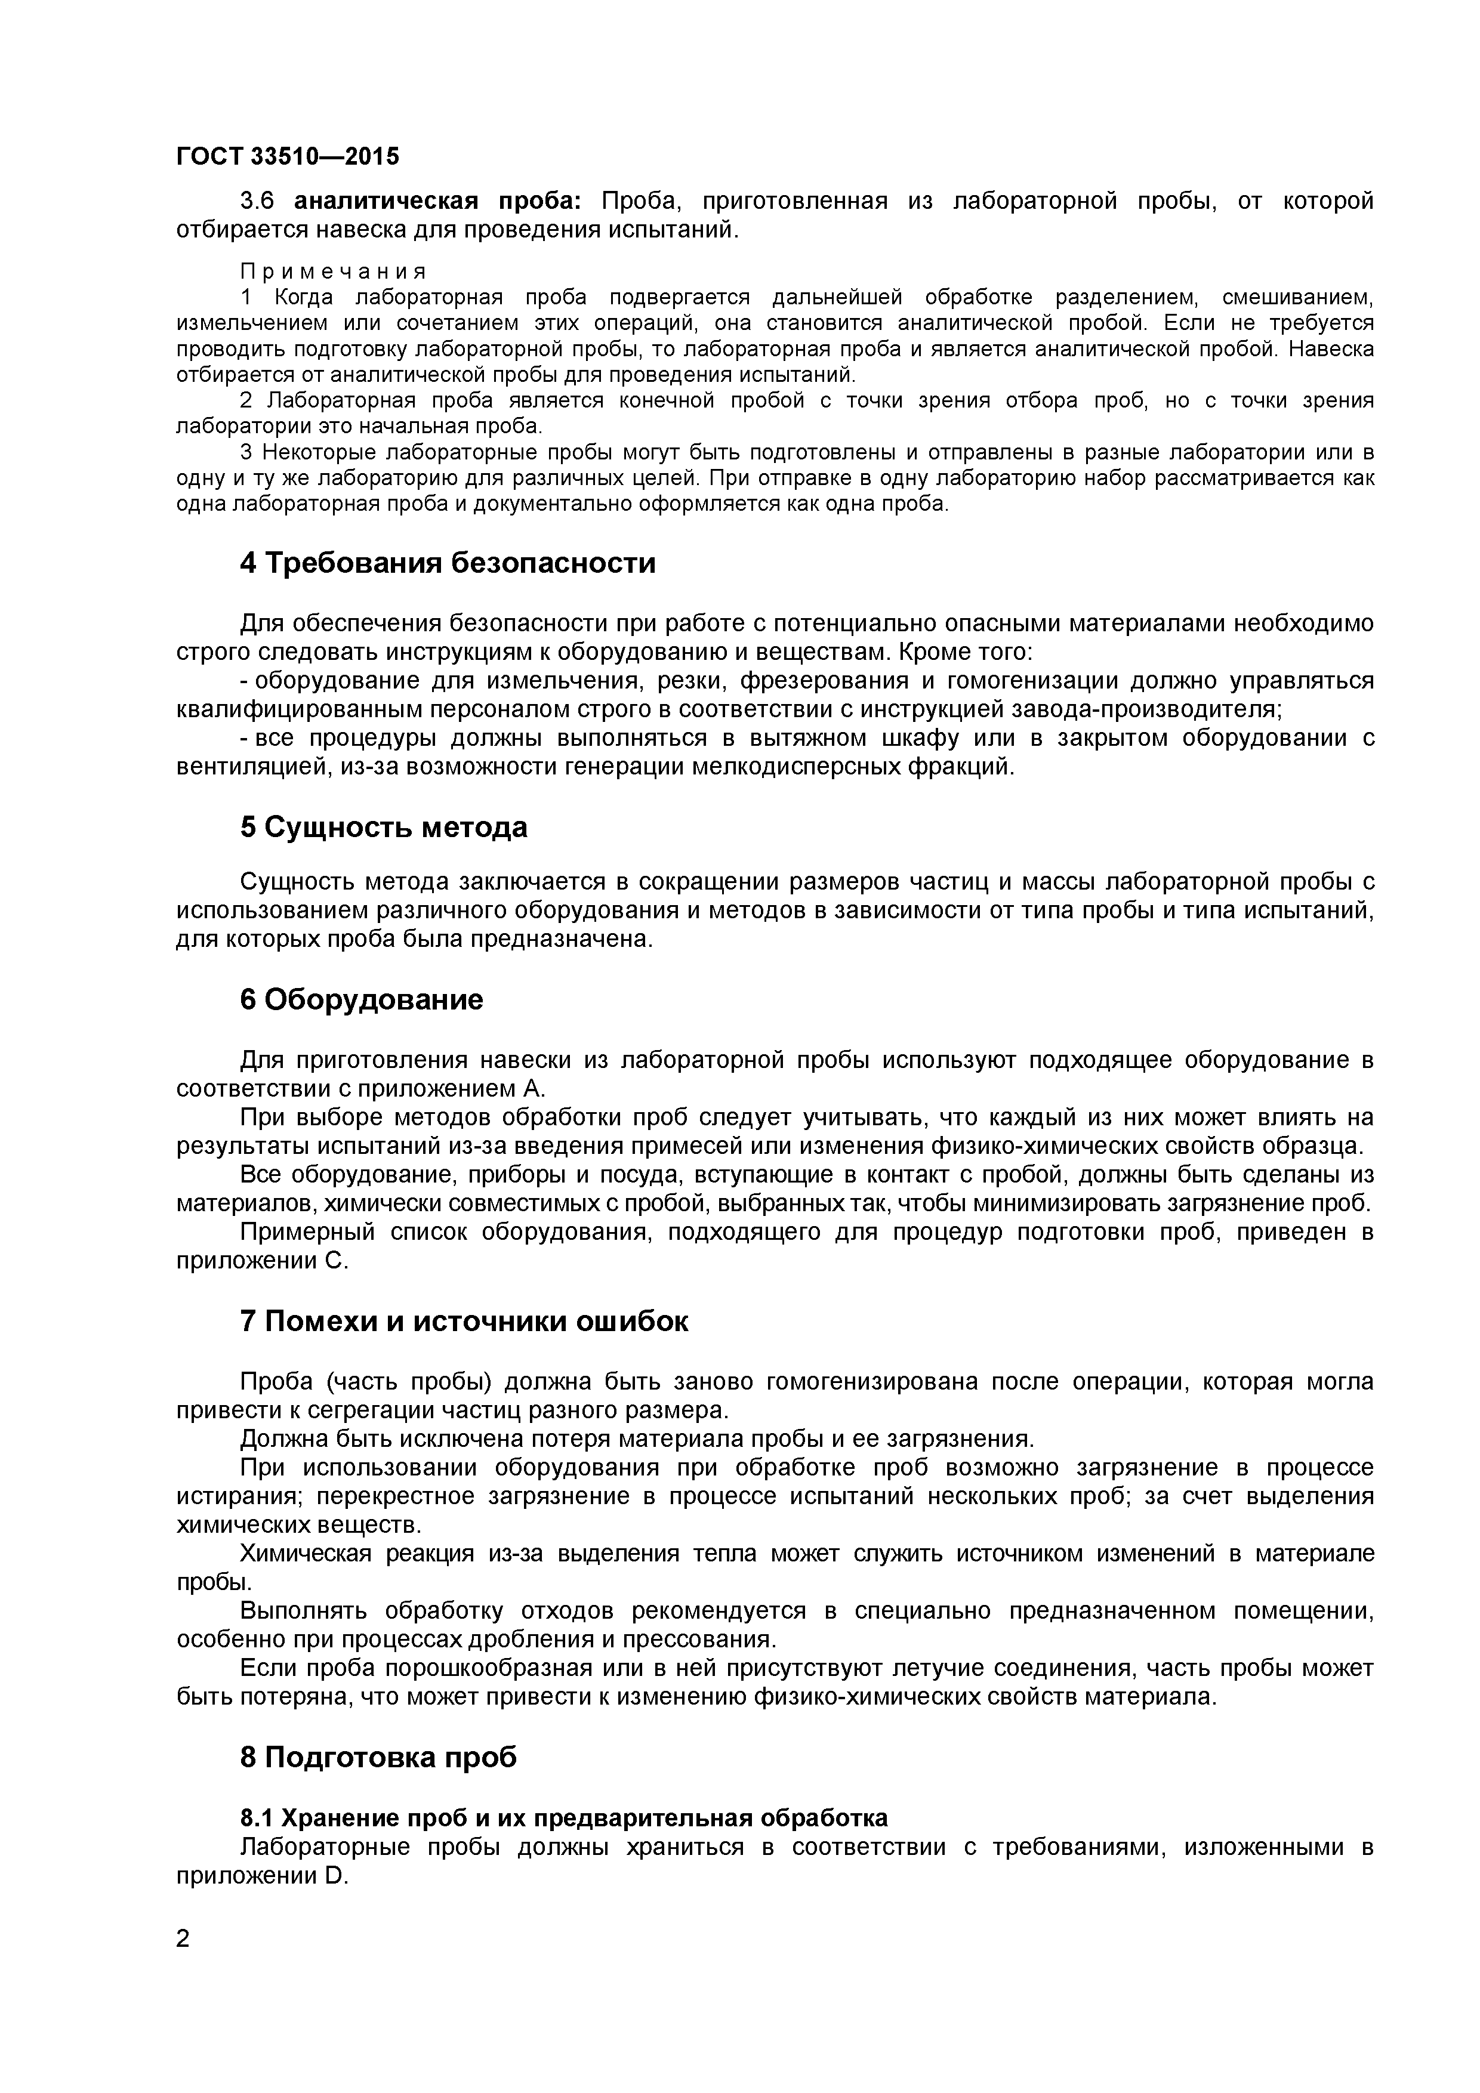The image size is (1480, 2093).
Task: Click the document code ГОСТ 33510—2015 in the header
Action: [x=287, y=157]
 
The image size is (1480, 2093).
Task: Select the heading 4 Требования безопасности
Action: [x=448, y=563]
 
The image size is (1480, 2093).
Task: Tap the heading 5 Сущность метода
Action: [x=384, y=827]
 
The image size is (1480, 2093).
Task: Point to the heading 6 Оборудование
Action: [x=361, y=999]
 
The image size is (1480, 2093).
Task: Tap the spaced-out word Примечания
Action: [x=333, y=271]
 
